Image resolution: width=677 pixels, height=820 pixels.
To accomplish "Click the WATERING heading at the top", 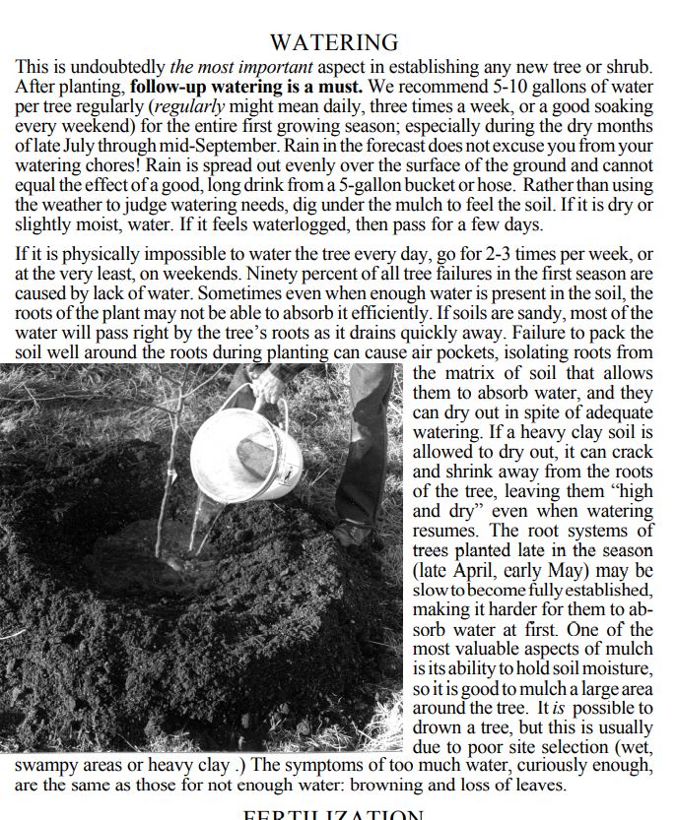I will tap(334, 42).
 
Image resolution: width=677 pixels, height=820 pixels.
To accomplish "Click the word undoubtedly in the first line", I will tap(119, 68).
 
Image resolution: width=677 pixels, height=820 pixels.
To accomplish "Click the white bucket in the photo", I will tap(245, 452).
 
